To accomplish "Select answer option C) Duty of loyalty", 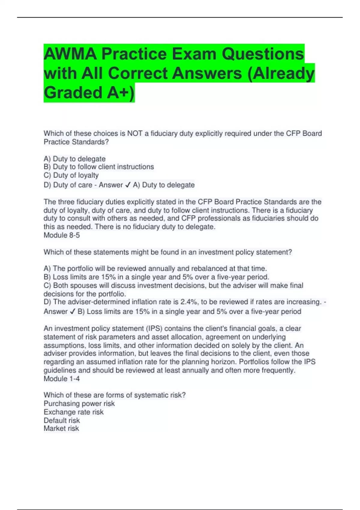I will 71,175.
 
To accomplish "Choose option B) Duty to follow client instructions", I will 99,167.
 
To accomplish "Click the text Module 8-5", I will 62,235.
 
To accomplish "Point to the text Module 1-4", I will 62,379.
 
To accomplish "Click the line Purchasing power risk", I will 79,403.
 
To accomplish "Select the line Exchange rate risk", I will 73,412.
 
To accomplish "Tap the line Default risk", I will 62,420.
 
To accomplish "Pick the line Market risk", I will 61,428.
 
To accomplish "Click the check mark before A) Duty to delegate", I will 127,185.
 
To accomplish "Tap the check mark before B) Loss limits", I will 72,312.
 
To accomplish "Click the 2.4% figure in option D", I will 189,302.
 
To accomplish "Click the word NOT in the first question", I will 135,133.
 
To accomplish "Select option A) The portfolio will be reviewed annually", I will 155,268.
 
